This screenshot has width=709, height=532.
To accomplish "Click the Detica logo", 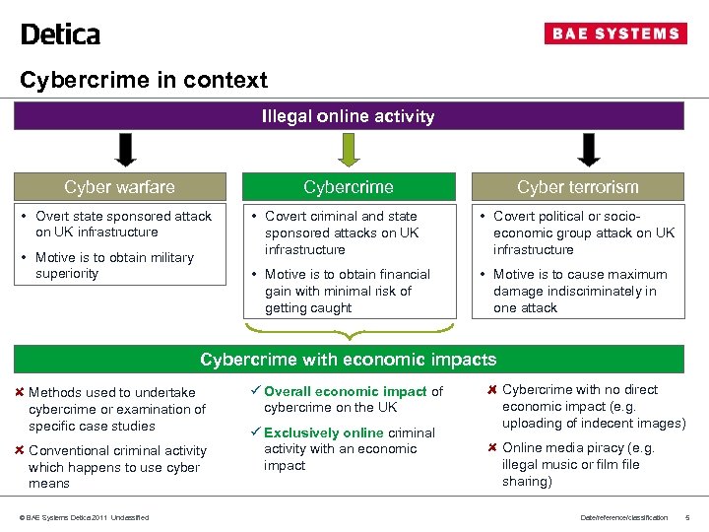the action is pyautogui.click(x=60, y=34).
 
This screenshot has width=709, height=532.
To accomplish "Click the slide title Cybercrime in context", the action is pyautogui.click(x=144, y=80).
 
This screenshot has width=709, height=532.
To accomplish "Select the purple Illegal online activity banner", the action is pyautogui.click(x=349, y=116).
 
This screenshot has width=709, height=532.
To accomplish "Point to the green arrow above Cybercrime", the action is pyautogui.click(x=348, y=151).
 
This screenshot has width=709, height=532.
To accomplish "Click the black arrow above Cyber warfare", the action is pyautogui.click(x=126, y=151).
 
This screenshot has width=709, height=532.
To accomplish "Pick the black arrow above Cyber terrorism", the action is pyautogui.click(x=589, y=151).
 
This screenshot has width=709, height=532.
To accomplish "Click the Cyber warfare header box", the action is pyautogui.click(x=120, y=187).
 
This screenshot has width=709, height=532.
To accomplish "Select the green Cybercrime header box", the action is pyautogui.click(x=349, y=187).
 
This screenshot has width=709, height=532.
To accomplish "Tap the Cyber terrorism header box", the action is pyautogui.click(x=578, y=187).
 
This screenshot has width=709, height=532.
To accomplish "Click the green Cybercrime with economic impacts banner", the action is pyautogui.click(x=349, y=360).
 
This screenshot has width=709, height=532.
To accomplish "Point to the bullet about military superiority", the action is pyautogui.click(x=114, y=265).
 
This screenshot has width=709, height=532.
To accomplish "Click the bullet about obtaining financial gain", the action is pyautogui.click(x=347, y=291).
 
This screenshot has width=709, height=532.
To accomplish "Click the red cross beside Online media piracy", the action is pyautogui.click(x=493, y=447).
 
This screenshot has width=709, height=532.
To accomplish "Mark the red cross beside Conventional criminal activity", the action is pyautogui.click(x=20, y=450).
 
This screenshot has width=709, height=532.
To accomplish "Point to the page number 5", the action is pyautogui.click(x=687, y=518).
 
